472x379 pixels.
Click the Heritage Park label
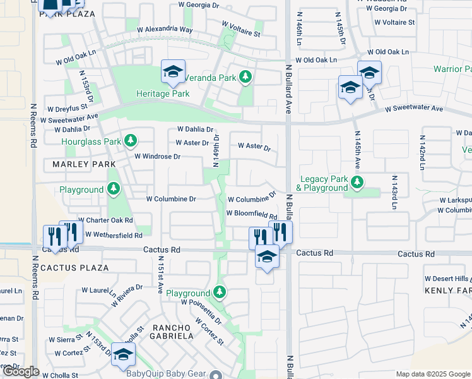pos(163,93)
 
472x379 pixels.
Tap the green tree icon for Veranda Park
pos(245,78)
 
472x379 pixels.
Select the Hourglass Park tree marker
pos(131,140)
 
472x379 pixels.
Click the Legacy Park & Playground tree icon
pos(357,183)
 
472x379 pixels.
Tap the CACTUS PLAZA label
pos(74,268)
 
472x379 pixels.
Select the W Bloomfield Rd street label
pos(252,214)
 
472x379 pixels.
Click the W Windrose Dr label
pos(158,156)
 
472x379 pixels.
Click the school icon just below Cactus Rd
pos(267,256)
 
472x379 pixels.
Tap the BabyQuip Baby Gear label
pos(166,373)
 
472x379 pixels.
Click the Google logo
pos(20,371)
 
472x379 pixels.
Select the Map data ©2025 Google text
pos(432,374)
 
